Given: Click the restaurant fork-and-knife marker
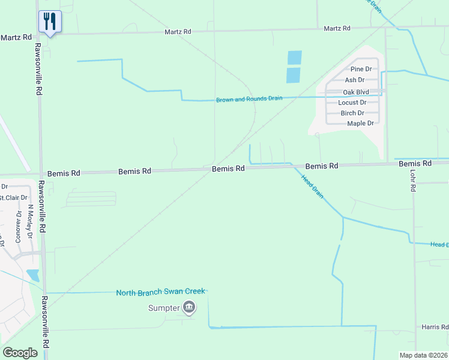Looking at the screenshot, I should [49, 22].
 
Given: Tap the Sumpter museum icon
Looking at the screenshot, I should [189, 308].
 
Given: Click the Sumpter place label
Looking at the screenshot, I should [164, 308].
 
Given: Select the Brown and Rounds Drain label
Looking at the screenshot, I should [249, 99].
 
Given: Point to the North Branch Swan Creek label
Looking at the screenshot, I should [160, 292].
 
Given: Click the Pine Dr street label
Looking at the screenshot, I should [361, 70].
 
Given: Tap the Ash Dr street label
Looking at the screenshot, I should [355, 80].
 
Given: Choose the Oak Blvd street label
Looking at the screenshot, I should [356, 92].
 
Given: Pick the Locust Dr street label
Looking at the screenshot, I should [352, 103].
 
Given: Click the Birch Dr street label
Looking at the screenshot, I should [352, 113].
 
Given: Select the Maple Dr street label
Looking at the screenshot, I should [360, 124].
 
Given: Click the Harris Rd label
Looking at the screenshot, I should [435, 327].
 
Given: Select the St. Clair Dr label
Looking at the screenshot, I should [14, 197].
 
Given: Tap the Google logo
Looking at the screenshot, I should [20, 353].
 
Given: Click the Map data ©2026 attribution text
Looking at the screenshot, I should [423, 355].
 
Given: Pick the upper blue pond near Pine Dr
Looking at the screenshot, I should [295, 58].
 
